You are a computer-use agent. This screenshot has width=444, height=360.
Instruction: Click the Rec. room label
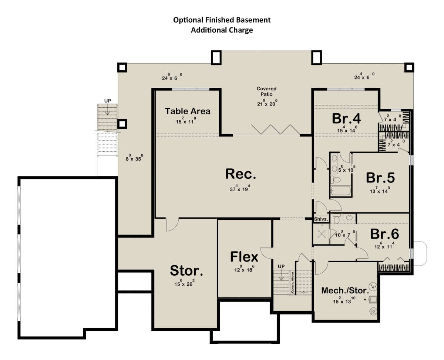point(240,174)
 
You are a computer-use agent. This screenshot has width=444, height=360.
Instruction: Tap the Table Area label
point(188,111)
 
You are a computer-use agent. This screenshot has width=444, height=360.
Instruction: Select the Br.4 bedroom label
point(346,118)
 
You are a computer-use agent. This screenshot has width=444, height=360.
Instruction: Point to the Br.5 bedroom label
point(380,178)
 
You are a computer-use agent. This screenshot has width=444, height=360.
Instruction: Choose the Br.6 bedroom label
point(384,234)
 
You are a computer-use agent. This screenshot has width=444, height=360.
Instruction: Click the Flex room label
point(244,257)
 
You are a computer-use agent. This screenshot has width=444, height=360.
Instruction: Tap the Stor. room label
point(186,270)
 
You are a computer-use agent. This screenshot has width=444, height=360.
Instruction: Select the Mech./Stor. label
point(345,290)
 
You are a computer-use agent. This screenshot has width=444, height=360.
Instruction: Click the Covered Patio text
point(266,91)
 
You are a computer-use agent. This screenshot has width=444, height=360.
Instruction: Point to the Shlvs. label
point(321,219)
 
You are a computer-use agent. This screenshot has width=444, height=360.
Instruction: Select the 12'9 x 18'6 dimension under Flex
point(244,269)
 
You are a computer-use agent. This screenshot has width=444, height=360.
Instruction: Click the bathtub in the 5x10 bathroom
point(341,191)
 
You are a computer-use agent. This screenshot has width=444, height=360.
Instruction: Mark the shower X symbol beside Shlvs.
point(321,234)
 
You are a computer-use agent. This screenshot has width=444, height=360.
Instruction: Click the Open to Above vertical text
point(292,282)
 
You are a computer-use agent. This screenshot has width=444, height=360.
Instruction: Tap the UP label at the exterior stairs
point(108,101)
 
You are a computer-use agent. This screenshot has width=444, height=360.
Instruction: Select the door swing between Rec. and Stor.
point(172,225)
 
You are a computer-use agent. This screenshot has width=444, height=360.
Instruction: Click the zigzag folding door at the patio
point(276,129)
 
